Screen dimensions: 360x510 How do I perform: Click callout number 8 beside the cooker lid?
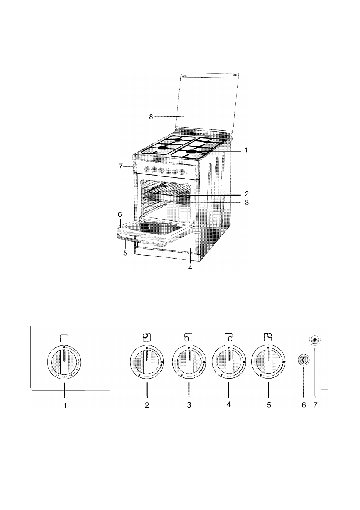(151, 117)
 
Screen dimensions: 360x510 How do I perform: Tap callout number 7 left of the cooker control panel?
(121, 166)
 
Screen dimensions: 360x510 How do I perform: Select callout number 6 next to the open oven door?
(120, 214)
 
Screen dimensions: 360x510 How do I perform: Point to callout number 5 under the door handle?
(125, 253)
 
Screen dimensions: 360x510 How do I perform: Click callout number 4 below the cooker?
(190, 268)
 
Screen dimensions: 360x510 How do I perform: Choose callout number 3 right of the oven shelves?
(247, 202)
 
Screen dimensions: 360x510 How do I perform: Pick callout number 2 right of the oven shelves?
(247, 194)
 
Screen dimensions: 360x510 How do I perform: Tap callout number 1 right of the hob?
(246, 150)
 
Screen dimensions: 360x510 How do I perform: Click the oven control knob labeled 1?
(65, 363)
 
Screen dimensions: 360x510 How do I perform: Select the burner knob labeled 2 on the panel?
(147, 363)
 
